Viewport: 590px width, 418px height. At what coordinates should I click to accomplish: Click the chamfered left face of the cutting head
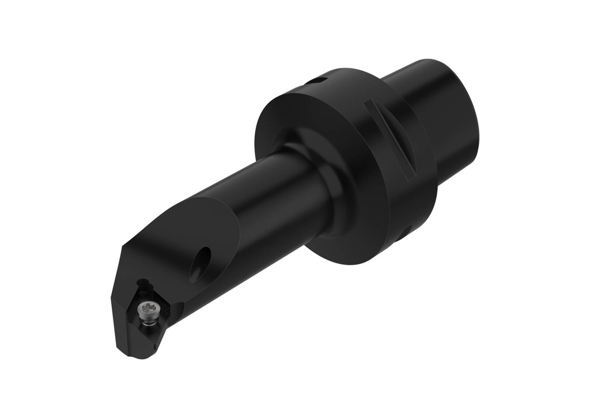coord(123,299)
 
